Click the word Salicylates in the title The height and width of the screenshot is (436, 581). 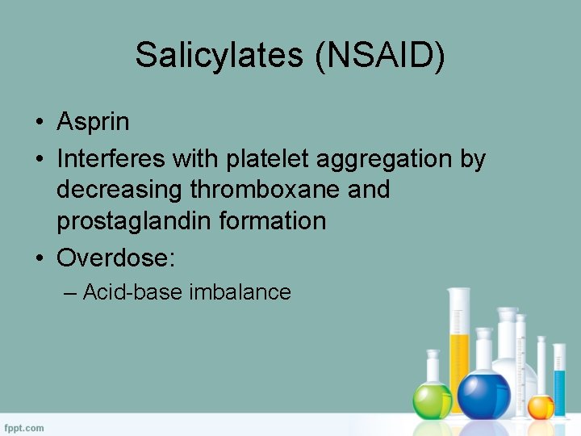pos(215,56)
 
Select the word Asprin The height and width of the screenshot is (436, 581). pos(93,122)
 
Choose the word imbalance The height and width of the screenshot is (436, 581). pos(240,291)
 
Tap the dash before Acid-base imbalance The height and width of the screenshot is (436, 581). pos(70,291)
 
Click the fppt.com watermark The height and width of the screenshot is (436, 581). pos(24,427)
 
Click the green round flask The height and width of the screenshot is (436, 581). pos(433,397)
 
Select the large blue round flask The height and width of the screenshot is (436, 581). pos(483,393)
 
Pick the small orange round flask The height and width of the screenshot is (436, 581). pos(541,405)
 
